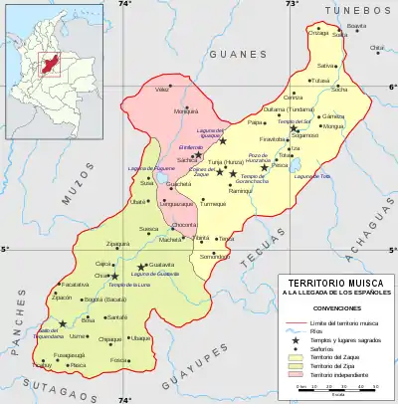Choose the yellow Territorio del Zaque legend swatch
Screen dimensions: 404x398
291,353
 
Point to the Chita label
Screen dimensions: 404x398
376,48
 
